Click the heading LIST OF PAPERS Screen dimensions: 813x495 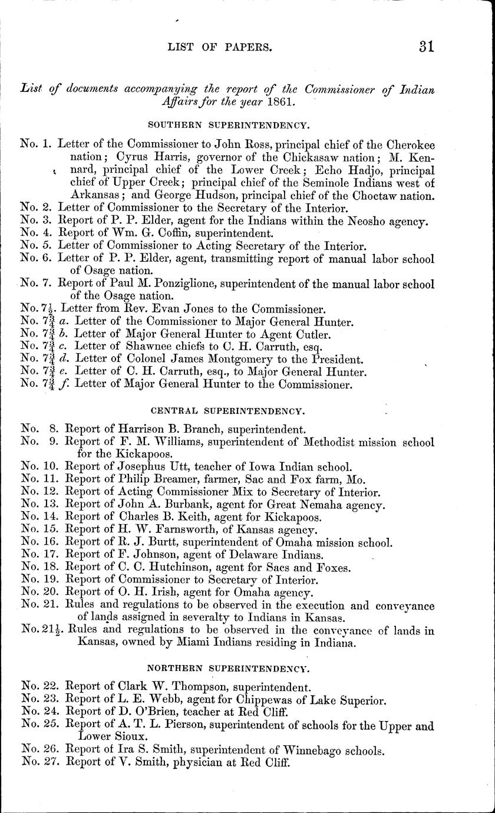220,48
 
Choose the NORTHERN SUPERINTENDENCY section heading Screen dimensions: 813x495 227,669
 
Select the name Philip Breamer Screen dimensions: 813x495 156,479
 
